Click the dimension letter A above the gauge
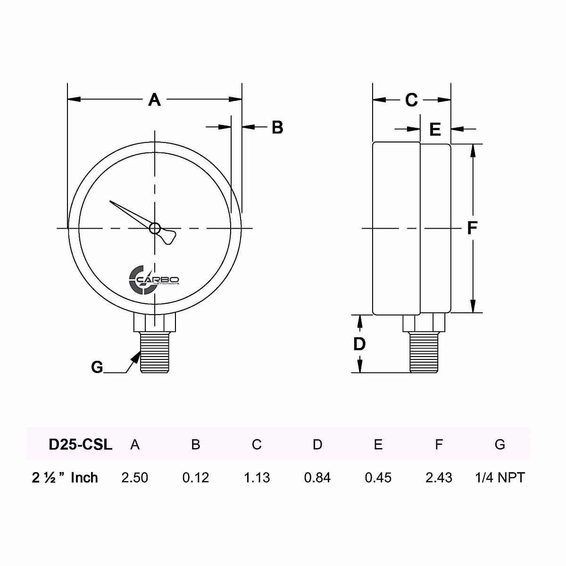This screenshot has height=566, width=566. click(155, 100)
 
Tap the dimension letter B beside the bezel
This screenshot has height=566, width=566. click(277, 127)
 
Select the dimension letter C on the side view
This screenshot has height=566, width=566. click(411, 100)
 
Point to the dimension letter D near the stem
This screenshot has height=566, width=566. click(359, 344)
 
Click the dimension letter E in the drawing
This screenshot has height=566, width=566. click(435, 129)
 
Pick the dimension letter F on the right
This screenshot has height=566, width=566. click(472, 228)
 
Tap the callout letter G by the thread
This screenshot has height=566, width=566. click(97, 367)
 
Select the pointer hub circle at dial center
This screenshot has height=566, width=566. click(154, 229)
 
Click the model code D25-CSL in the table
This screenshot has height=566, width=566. click(81, 444)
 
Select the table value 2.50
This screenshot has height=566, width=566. click(135, 478)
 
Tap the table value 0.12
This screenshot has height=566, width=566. click(196, 478)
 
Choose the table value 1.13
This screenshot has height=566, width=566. click(257, 478)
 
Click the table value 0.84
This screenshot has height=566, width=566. click(317, 478)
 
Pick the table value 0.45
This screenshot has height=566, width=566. click(378, 478)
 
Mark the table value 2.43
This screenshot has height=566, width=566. click(439, 478)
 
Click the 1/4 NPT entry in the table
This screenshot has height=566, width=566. click(500, 478)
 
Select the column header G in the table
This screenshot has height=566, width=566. click(500, 444)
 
